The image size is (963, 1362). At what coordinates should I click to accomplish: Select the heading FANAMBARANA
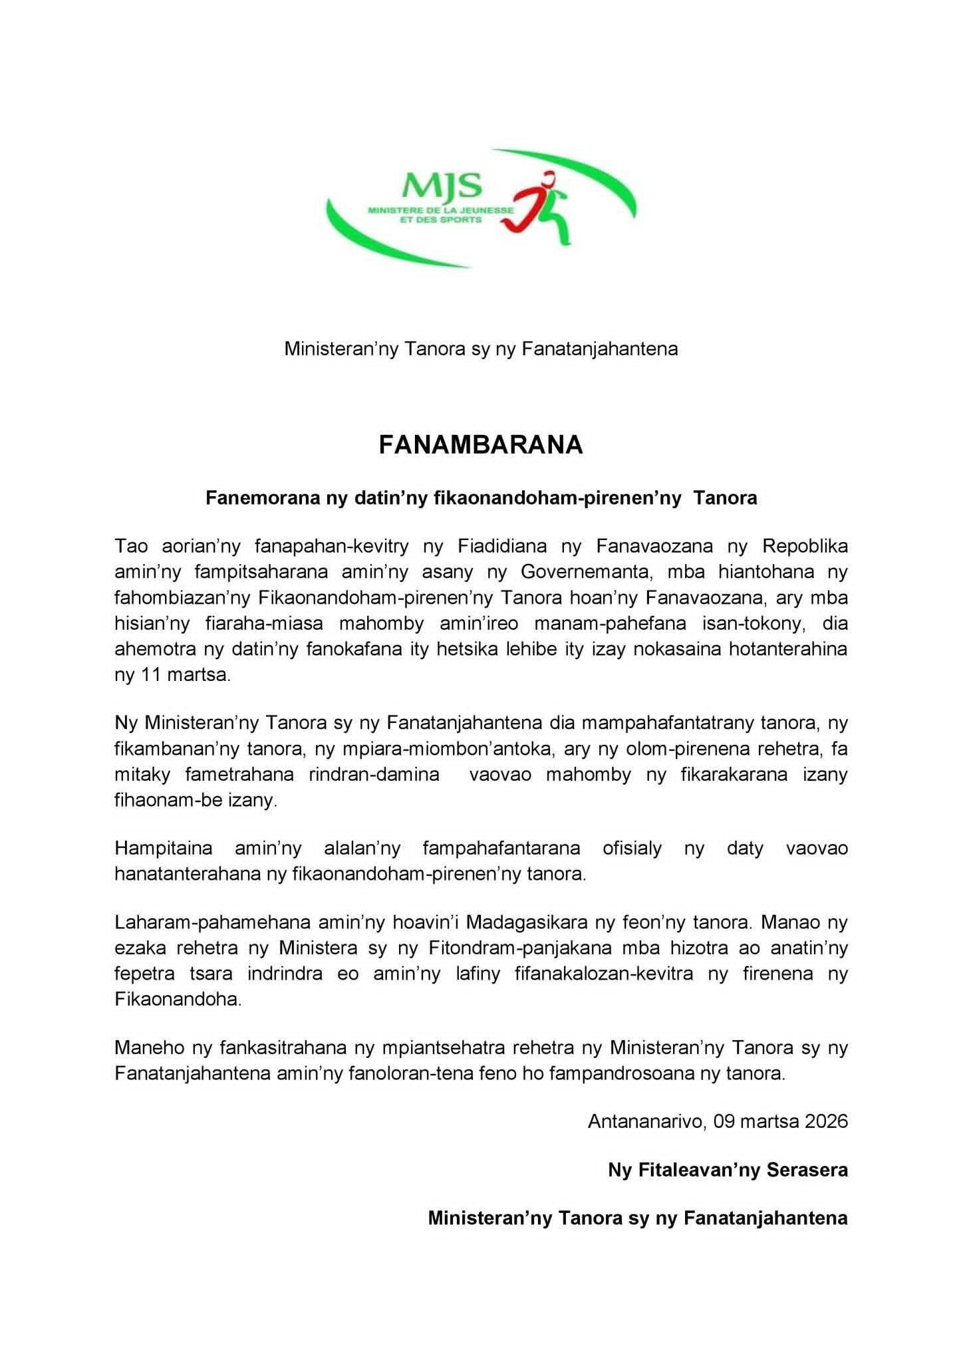481,445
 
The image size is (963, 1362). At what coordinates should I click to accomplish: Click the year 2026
826,1121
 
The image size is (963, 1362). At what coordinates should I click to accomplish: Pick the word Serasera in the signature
807,1170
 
